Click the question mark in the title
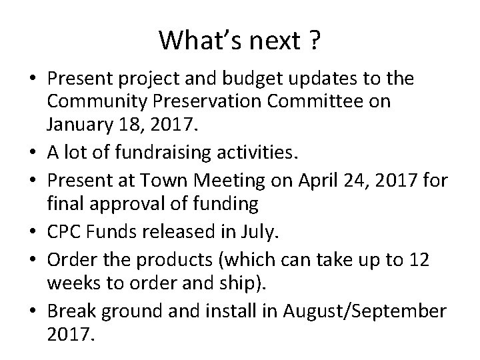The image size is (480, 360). click(313, 41)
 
